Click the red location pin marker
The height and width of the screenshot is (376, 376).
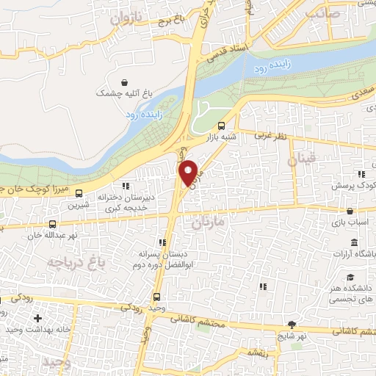189,173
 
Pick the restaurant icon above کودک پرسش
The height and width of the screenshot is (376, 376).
361,174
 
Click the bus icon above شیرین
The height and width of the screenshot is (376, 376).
79,196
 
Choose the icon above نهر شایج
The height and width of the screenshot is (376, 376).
292,324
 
